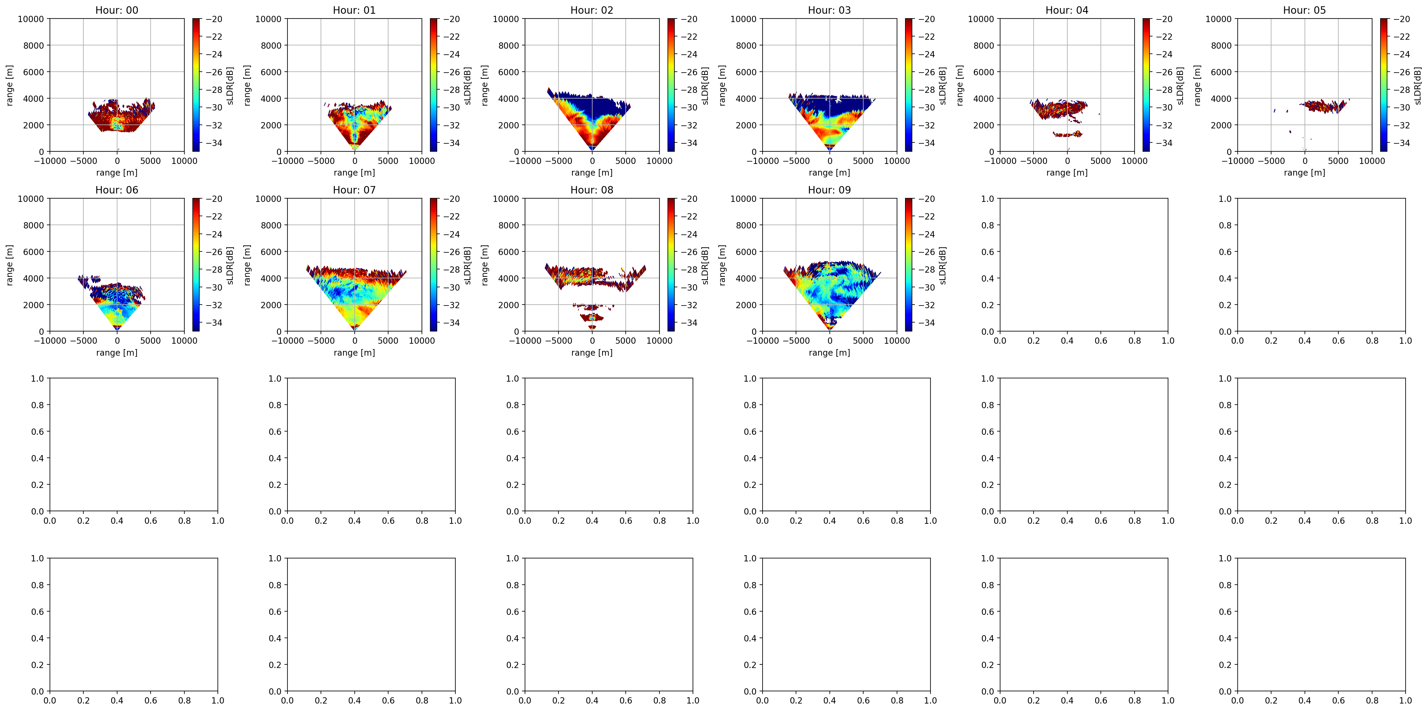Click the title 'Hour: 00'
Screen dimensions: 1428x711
(117, 10)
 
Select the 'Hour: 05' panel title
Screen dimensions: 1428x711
(1304, 10)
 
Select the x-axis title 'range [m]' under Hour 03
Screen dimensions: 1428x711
(829, 172)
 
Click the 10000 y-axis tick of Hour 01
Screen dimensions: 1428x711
(268, 19)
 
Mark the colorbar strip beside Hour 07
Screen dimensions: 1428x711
(434, 265)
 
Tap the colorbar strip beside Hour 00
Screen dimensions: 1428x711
(196, 85)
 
